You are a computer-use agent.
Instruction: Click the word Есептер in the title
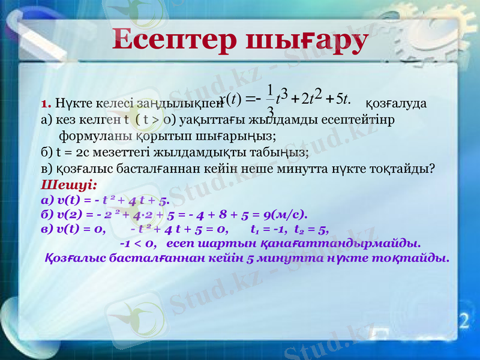[x=173, y=40]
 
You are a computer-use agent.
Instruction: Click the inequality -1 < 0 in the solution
[x=139, y=244]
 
